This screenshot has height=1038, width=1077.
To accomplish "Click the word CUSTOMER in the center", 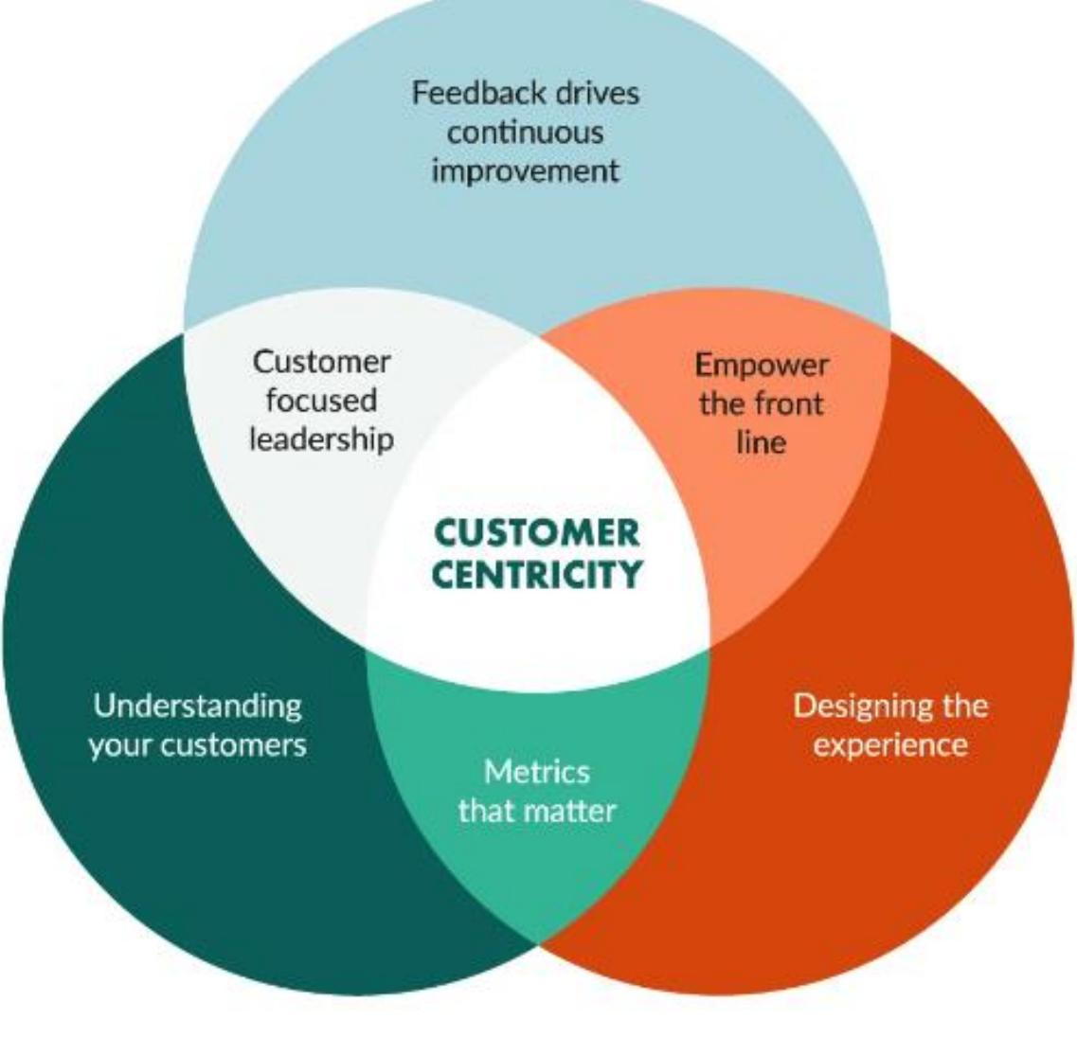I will click(x=536, y=533).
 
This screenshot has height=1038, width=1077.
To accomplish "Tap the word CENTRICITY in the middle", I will click(x=536, y=574).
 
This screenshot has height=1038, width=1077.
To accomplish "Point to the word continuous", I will click(x=525, y=132).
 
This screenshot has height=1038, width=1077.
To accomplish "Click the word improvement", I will click(x=525, y=171).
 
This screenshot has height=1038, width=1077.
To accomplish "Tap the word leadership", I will click(x=321, y=438).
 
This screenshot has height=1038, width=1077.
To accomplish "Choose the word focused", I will click(x=321, y=400).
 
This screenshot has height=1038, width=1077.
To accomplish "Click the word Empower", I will click(x=761, y=365).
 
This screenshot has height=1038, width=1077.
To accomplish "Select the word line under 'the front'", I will click(x=761, y=442).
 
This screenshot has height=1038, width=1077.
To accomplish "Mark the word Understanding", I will click(x=197, y=706).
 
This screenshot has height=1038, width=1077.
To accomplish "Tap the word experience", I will click(x=890, y=744).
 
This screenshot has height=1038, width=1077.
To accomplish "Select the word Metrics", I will click(x=536, y=772).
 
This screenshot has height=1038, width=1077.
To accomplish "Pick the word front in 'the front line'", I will click(x=792, y=403).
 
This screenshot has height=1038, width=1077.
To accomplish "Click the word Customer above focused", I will click(x=321, y=362).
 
